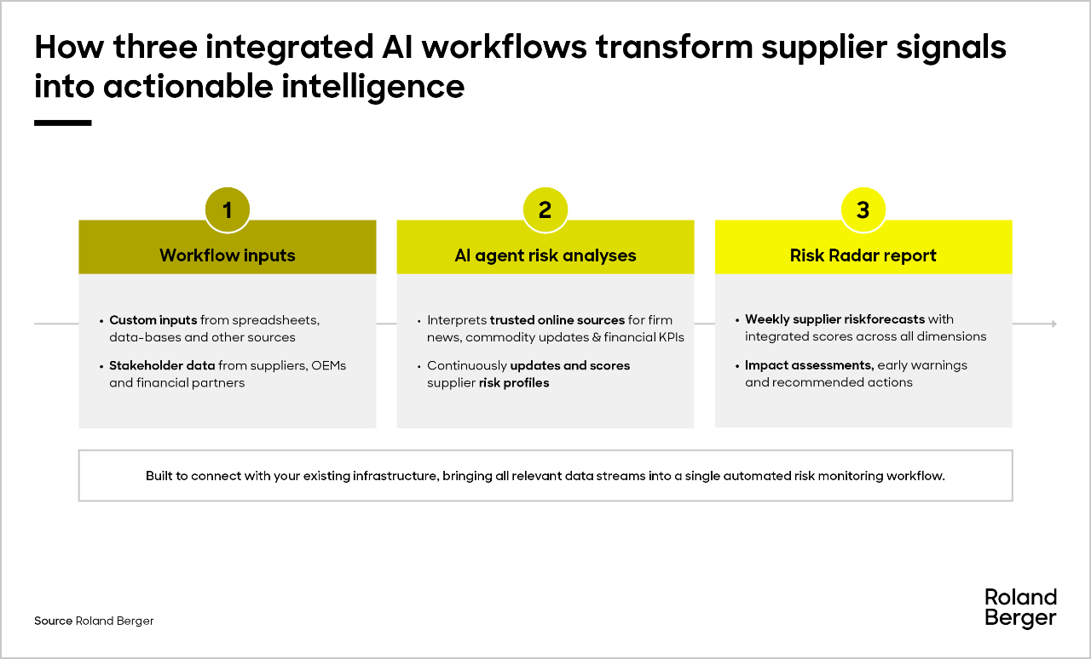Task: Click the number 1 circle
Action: point(228,209)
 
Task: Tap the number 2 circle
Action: point(545,209)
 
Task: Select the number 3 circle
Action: point(863,209)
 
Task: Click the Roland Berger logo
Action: point(1020,608)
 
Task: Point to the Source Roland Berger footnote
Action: point(94,621)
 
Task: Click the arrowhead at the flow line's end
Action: point(1054,324)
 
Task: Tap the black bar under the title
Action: point(63,123)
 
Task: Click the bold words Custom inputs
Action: point(153,320)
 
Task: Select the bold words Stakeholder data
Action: point(162,365)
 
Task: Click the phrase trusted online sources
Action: point(557,320)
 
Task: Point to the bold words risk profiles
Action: point(514,383)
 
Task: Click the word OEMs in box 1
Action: point(328,365)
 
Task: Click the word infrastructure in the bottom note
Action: point(396,475)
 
